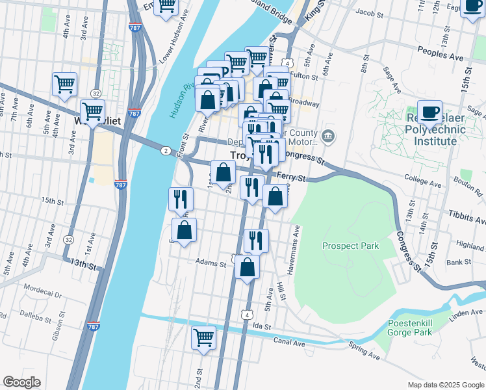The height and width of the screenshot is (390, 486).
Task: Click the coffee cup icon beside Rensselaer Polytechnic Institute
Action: pyautogui.click(x=430, y=112)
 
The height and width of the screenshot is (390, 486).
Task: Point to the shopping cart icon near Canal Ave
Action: pyautogui.click(x=203, y=338)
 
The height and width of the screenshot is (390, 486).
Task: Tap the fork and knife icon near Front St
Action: pyautogui.click(x=181, y=198)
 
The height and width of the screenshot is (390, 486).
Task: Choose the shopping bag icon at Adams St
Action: pyautogui.click(x=247, y=266)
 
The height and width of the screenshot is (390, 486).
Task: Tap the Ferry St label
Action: pyautogui.click(x=290, y=176)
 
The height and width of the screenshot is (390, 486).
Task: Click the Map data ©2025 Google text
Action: pyautogui.click(x=446, y=385)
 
